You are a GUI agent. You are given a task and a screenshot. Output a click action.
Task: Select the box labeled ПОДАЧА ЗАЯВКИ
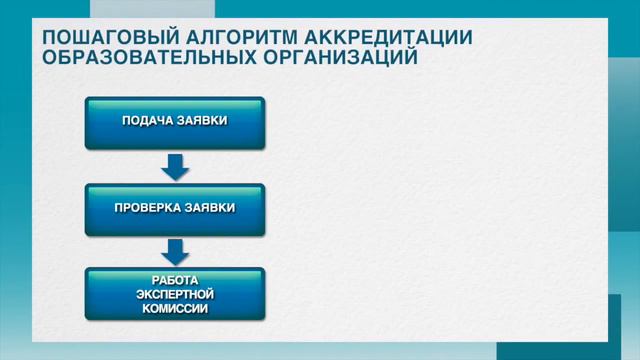pyautogui.click(x=175, y=122)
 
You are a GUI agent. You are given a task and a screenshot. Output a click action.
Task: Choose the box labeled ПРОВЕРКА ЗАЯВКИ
pyautogui.click(x=175, y=208)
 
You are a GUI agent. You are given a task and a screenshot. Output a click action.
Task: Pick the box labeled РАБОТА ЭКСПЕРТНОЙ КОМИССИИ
pyautogui.click(x=175, y=294)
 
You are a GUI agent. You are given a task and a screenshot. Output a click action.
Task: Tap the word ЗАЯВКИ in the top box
pyautogui.click(x=203, y=121)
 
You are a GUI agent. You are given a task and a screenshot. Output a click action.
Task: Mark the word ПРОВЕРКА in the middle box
pyautogui.click(x=148, y=208)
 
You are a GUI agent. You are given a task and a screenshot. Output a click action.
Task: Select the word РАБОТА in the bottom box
pyautogui.click(x=175, y=281)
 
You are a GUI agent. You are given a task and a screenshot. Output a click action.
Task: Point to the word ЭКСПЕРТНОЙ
pyautogui.click(x=175, y=295)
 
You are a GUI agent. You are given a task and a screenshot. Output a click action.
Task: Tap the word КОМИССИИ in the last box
pyautogui.click(x=175, y=309)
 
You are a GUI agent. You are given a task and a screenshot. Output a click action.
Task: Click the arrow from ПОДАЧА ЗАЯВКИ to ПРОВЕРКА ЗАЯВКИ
pyautogui.click(x=175, y=166)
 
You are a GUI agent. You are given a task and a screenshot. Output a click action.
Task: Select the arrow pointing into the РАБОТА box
pyautogui.click(x=175, y=251)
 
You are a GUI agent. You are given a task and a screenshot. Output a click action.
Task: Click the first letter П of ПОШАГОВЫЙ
pyautogui.click(x=49, y=37)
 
